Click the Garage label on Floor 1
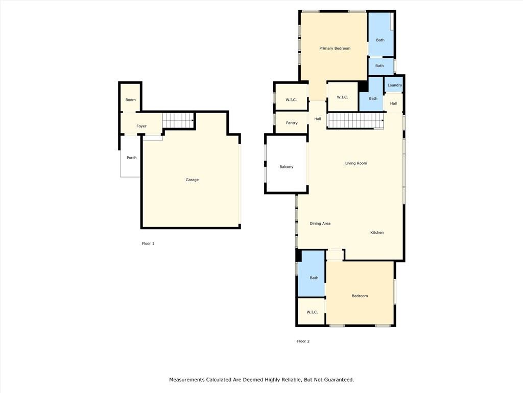pyautogui.click(x=192, y=180)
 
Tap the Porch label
pyautogui.click(x=131, y=158)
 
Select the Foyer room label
pyautogui.click(x=141, y=126)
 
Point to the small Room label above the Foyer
pyautogui.click(x=131, y=100)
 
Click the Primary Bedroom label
pyautogui.click(x=335, y=48)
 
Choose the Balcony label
pyautogui.click(x=286, y=167)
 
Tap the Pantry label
pyautogui.click(x=292, y=123)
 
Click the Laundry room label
pyautogui.click(x=394, y=85)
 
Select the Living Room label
pyautogui.click(x=356, y=163)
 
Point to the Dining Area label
pyautogui.click(x=320, y=224)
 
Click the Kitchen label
pyautogui.click(x=377, y=232)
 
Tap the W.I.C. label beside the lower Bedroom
pyautogui.click(x=312, y=312)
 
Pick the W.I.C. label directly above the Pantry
pyautogui.click(x=291, y=100)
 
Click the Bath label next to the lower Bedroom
pyautogui.click(x=314, y=278)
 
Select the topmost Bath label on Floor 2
pyautogui.click(x=380, y=40)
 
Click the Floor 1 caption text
pyautogui.click(x=148, y=244)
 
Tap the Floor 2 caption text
pyautogui.click(x=303, y=341)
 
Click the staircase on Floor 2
pyautogui.click(x=355, y=121)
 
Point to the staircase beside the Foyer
pyautogui.click(x=178, y=121)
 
